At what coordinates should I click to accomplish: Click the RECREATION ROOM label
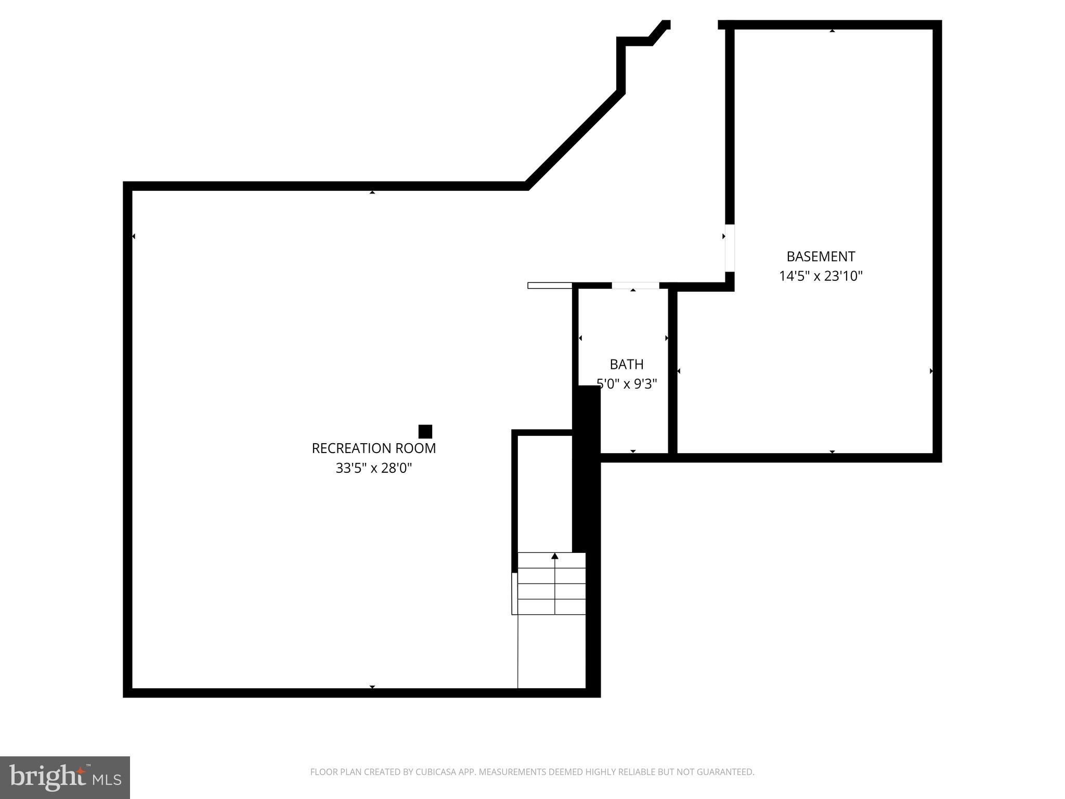[373, 448]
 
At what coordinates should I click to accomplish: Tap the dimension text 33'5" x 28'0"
[373, 468]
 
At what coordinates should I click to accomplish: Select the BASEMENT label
[821, 256]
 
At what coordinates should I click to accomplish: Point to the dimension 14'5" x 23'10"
[821, 276]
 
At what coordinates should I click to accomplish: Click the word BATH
[627, 364]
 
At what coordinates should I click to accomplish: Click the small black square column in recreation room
[425, 432]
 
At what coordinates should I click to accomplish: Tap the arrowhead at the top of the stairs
[555, 556]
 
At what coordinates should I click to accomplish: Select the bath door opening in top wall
[635, 285]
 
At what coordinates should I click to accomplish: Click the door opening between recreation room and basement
[730, 248]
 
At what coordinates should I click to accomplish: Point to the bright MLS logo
[65, 777]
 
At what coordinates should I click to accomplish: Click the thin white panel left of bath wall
[550, 285]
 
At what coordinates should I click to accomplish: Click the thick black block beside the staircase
[586, 468]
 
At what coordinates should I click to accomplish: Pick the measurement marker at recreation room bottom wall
[372, 687]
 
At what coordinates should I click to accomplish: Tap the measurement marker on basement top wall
[832, 31]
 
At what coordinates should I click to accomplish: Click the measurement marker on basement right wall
[931, 371]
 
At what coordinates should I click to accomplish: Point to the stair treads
[551, 584]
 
